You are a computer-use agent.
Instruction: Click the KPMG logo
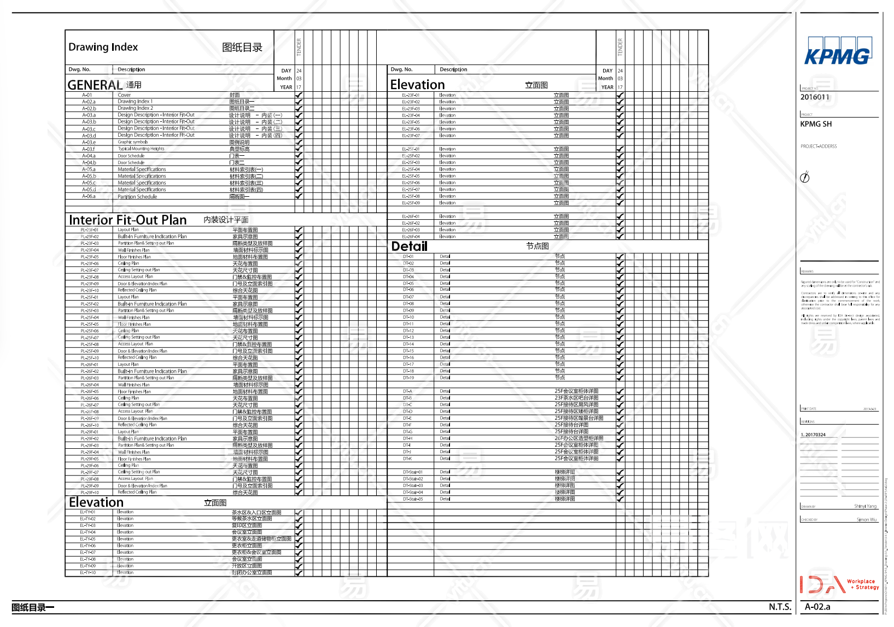pos(837,52)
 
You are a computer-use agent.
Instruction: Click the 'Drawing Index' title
pos(103,47)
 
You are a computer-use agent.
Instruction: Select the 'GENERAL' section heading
pos(95,85)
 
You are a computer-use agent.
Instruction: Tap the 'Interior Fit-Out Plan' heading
pos(128,220)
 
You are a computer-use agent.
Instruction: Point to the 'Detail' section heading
pos(409,247)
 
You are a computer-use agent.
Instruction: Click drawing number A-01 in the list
pos(87,95)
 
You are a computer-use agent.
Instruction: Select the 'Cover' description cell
pos(124,95)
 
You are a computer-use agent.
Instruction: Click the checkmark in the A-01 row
pos(299,95)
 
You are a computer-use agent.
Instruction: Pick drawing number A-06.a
pos(89,196)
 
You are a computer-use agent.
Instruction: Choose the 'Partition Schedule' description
pos(137,197)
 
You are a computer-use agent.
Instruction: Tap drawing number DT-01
pos(408,256)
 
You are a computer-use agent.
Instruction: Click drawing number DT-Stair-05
pos(413,499)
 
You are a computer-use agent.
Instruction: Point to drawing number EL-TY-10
pos(87,573)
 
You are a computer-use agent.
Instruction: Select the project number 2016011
pos(815,97)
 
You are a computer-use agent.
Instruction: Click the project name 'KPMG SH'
pos(816,124)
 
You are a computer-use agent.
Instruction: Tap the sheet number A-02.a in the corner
pos(817,607)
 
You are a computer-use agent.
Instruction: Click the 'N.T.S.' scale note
pos(780,607)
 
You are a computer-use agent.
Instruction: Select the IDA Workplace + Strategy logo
pos(839,584)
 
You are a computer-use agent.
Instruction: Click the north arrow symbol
pos(805,177)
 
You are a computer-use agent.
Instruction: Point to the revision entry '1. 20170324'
pos(813,435)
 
